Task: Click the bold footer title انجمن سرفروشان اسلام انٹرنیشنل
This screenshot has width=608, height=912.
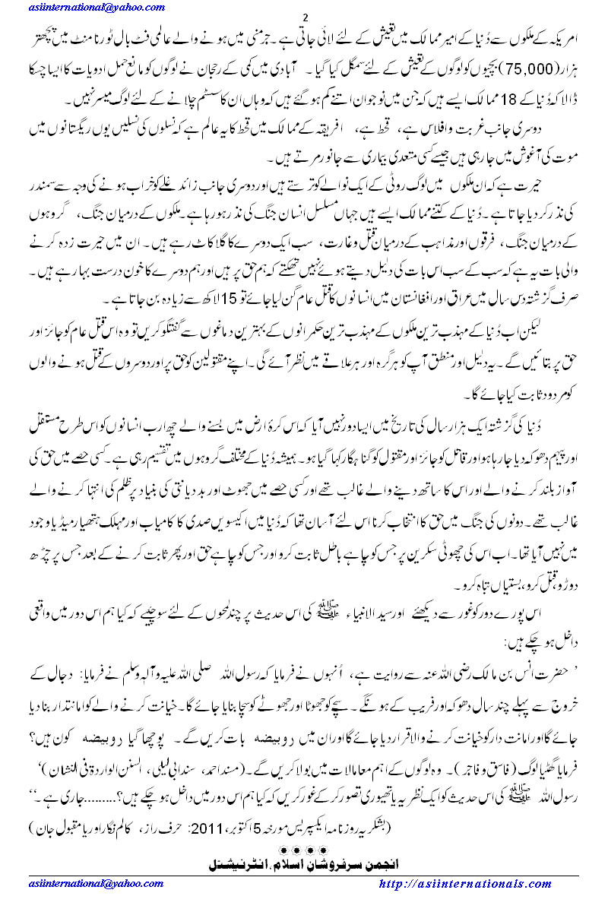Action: [304, 864]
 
